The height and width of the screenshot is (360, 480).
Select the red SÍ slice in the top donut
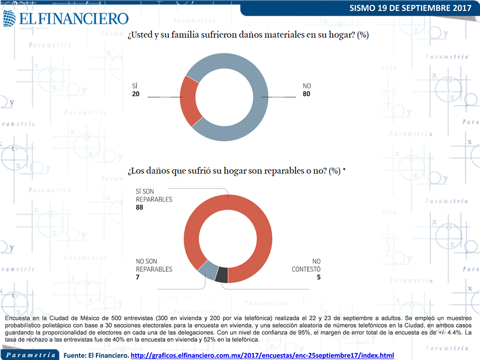(188, 102)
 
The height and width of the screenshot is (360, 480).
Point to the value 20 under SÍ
(136, 94)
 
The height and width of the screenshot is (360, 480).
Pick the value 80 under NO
(307, 94)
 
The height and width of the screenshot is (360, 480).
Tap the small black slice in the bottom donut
(221, 275)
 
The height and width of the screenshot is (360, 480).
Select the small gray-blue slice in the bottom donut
(207, 270)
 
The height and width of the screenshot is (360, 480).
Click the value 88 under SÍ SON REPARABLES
(140, 208)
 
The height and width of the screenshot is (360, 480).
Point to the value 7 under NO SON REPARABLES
(138, 277)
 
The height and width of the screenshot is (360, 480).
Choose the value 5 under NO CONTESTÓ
(318, 277)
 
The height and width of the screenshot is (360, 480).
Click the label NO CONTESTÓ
(306, 265)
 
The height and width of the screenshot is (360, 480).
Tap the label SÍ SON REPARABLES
(154, 195)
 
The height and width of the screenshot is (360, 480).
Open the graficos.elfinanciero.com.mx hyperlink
(262, 356)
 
